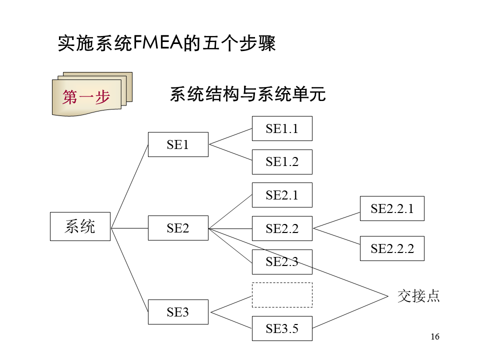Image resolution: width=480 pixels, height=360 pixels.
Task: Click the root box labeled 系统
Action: (80, 226)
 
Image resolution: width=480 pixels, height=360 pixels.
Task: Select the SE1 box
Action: (178, 144)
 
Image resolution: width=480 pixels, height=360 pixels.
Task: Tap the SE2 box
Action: (178, 228)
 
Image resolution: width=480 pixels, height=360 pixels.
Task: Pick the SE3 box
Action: (178, 312)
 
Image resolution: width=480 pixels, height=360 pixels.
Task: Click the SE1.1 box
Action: (282, 128)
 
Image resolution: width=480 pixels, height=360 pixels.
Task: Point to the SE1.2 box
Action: (282, 161)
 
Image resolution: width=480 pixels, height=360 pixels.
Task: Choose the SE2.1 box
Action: (282, 195)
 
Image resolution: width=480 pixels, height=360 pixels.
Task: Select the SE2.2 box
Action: (282, 228)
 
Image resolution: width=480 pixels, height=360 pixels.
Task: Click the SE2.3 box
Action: (282, 262)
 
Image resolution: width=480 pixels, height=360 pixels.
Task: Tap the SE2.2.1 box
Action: (392, 208)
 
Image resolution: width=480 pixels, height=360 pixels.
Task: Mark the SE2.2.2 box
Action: (392, 248)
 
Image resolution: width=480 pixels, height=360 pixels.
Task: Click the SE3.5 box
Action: (282, 328)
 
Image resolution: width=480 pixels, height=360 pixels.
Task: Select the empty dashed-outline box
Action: (282, 295)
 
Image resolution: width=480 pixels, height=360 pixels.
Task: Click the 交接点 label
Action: (418, 295)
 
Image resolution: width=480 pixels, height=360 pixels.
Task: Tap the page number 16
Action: (435, 336)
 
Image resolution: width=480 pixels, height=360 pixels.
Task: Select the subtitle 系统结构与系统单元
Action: (248, 94)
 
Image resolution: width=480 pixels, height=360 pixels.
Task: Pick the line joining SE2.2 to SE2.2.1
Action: (336, 220)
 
